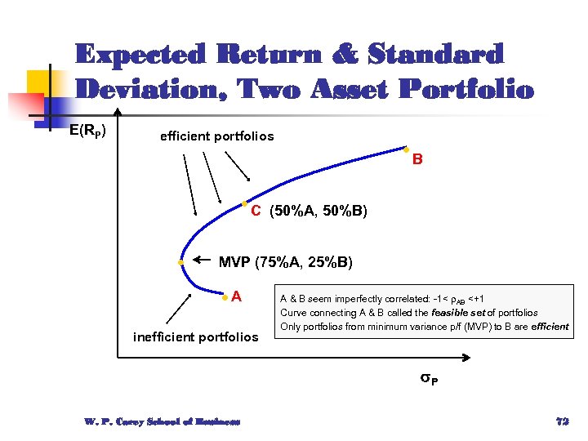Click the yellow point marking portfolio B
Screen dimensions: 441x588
pyautogui.click(x=406, y=149)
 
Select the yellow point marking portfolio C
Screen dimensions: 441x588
pyautogui.click(x=244, y=203)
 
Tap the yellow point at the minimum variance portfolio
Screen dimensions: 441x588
pyautogui.click(x=181, y=262)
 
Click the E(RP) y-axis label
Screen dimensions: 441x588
pyautogui.click(x=87, y=130)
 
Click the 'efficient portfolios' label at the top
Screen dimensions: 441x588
pyautogui.click(x=216, y=136)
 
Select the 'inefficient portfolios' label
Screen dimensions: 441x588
pyautogui.click(x=195, y=336)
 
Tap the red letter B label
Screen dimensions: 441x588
pyautogui.click(x=417, y=160)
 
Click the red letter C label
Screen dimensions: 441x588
pyautogui.click(x=256, y=212)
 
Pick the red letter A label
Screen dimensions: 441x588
pyautogui.click(x=235, y=296)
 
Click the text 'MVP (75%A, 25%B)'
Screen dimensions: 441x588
pyautogui.click(x=285, y=262)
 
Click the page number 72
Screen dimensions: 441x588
pyautogui.click(x=561, y=421)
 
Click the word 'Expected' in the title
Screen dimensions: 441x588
pyautogui.click(x=138, y=55)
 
